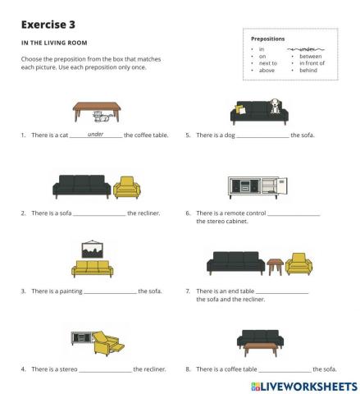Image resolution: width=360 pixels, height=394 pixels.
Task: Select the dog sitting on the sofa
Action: click(x=276, y=106)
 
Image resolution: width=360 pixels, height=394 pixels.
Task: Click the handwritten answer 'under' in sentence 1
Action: click(x=95, y=133)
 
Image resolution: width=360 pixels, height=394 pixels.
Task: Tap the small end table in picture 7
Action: click(x=275, y=267)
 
